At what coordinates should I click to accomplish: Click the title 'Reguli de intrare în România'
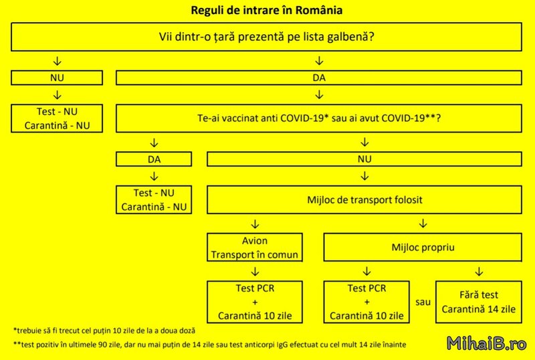click(x=266, y=10)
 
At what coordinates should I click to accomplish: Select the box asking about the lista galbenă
click(x=266, y=37)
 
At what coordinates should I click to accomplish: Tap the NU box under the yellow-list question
click(x=57, y=78)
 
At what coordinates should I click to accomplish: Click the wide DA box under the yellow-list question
click(x=319, y=78)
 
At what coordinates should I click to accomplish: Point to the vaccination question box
click(x=319, y=118)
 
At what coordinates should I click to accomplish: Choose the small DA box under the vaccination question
click(x=154, y=159)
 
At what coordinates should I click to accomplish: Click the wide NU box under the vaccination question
click(x=364, y=159)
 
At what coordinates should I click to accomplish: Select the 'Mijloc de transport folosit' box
click(x=364, y=200)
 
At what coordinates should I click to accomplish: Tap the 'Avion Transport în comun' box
click(x=255, y=248)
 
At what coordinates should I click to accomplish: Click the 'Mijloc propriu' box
click(x=423, y=248)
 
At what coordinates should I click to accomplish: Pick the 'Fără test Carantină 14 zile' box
click(x=479, y=302)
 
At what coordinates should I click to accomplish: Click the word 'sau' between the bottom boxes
click(x=423, y=302)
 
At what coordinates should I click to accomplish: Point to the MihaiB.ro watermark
click(x=487, y=343)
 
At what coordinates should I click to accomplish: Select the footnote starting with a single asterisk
click(x=104, y=331)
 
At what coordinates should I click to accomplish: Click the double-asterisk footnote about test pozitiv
click(x=209, y=345)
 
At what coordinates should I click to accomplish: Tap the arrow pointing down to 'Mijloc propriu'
click(x=423, y=223)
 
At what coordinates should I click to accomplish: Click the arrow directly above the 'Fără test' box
click(x=479, y=272)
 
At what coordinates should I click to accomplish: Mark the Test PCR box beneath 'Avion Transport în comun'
click(x=255, y=302)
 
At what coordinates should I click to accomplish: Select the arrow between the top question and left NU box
click(x=57, y=61)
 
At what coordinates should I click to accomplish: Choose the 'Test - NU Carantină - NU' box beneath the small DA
click(x=154, y=200)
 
